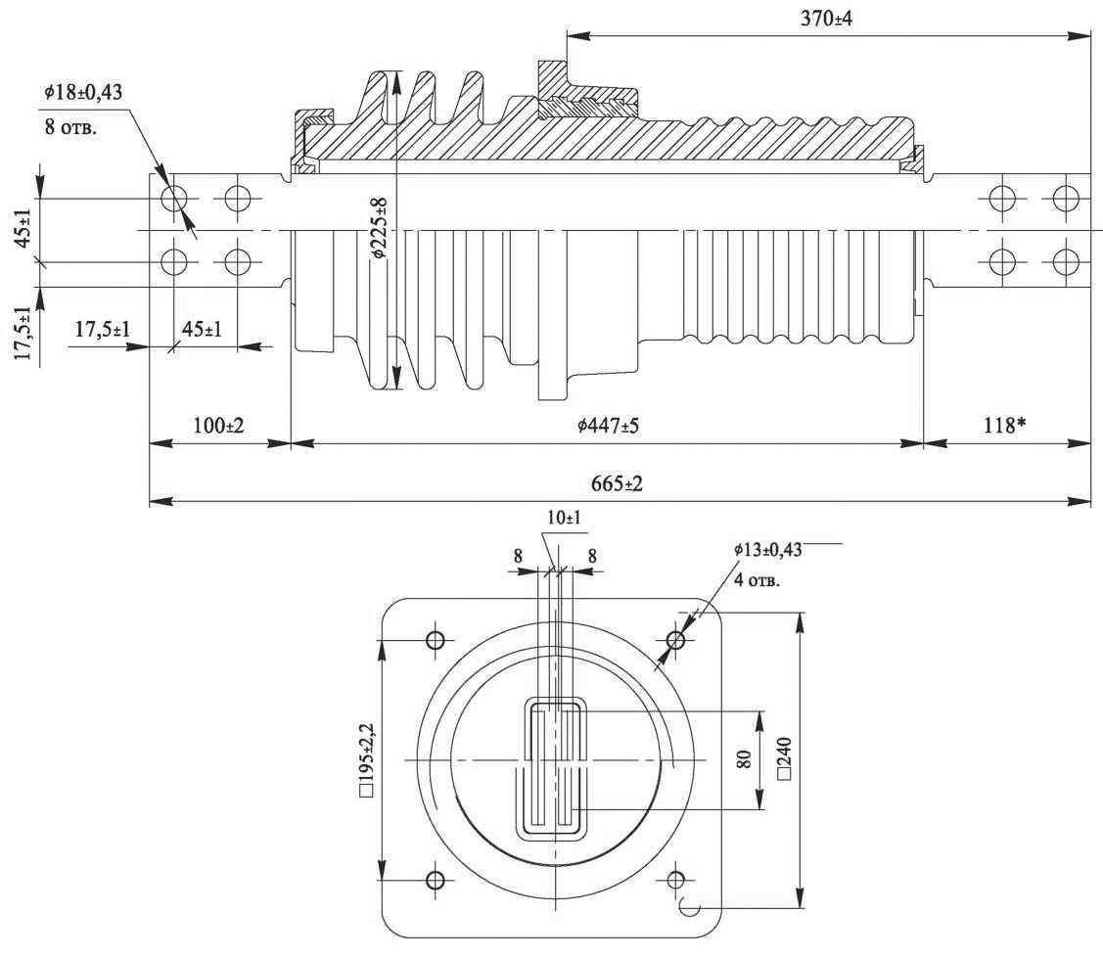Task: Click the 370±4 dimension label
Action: [x=827, y=19]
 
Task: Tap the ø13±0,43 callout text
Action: [x=767, y=550]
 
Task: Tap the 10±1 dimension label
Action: [x=564, y=517]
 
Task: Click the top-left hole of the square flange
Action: [x=436, y=640]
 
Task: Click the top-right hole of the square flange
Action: [x=675, y=640]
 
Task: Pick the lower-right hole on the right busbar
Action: [x=1066, y=261]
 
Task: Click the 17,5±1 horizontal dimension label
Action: [x=103, y=329]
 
